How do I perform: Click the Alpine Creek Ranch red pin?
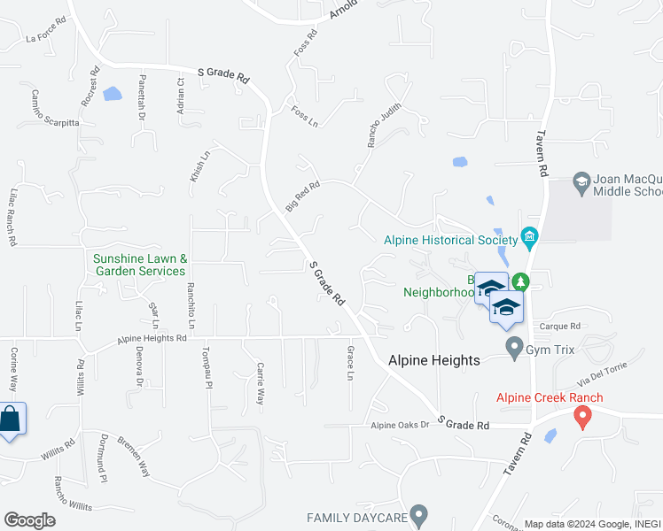coord(582,415)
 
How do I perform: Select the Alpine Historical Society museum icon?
coord(530,236)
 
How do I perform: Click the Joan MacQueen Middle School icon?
coord(581,182)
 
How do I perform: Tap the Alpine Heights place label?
coord(434,360)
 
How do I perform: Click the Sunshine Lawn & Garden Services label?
coord(140,265)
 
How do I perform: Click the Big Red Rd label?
coord(301,196)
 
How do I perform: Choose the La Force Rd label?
coord(46,36)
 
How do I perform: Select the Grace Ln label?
coord(350,364)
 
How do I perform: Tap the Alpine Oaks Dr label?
coord(399,425)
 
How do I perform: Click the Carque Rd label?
coord(564,325)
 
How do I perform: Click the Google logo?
coord(29,520)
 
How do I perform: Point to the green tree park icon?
coord(521,282)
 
